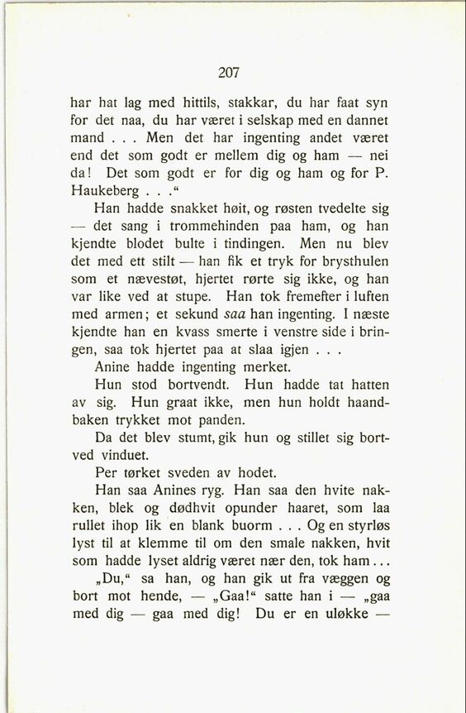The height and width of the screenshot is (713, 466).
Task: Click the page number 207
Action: [x=229, y=73]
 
